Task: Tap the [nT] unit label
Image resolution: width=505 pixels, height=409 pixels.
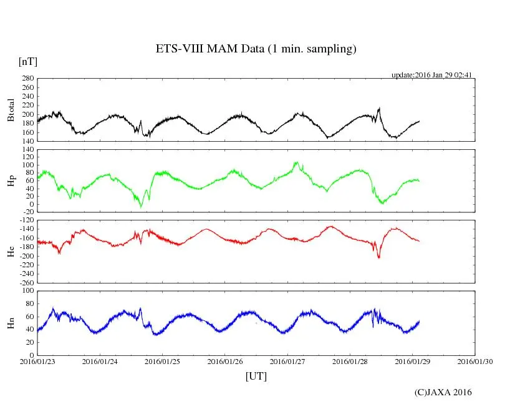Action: point(27,61)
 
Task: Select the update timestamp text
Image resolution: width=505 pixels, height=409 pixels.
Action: point(431,75)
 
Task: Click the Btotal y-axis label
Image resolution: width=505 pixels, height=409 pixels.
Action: point(10,110)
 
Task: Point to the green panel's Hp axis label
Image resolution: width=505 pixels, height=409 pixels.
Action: point(10,181)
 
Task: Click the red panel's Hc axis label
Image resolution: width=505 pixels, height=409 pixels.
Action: point(10,252)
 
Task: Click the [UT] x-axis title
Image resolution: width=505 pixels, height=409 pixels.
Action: point(256,376)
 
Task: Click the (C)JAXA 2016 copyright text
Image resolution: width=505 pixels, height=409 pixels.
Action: point(443,392)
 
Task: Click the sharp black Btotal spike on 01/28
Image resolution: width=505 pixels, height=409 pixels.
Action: point(379,109)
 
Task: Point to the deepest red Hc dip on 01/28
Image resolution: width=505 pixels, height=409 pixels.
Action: point(378,257)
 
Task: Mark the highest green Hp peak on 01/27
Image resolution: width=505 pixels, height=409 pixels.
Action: point(297,162)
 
